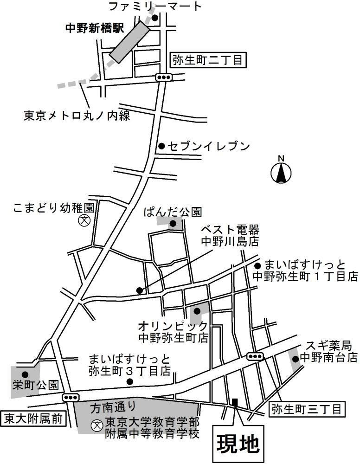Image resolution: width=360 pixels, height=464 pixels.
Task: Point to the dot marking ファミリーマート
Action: click(155, 18)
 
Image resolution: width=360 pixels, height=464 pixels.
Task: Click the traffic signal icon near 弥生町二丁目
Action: click(164, 77)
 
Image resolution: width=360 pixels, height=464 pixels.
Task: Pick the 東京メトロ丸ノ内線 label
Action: click(77, 116)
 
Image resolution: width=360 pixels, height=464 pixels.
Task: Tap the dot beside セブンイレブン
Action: click(161, 146)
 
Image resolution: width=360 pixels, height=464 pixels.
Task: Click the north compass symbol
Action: click(281, 173)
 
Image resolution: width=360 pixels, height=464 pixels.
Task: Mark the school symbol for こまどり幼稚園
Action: click(84, 221)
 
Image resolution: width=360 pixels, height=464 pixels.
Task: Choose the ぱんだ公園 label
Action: click(172, 212)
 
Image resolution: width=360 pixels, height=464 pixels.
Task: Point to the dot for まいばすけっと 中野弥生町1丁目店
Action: click(257, 266)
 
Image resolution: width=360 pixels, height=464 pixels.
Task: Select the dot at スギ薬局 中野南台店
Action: click(295, 358)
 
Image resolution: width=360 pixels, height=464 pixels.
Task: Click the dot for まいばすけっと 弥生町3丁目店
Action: click(129, 382)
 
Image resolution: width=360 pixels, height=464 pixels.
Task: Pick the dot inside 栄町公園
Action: click(25, 374)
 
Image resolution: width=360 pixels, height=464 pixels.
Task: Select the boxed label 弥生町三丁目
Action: click(307, 409)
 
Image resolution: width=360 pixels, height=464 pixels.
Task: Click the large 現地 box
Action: click(238, 444)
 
